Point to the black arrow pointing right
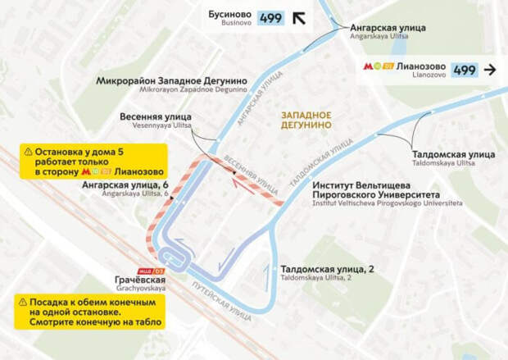tap(492, 70)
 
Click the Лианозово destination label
tap(420, 70)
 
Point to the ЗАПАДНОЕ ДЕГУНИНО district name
tap(306, 120)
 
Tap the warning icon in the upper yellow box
tap(29, 152)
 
